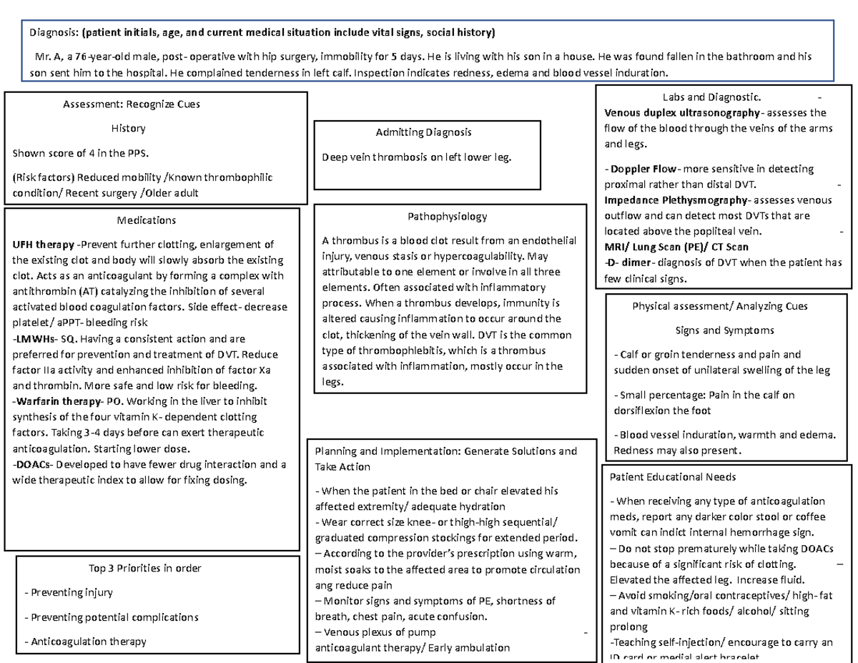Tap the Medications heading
click(x=146, y=220)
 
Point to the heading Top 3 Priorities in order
click(x=144, y=568)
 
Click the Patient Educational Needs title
click(x=672, y=476)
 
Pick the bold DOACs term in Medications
click(x=34, y=464)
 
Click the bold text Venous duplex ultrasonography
click(x=681, y=112)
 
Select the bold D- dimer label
click(x=628, y=262)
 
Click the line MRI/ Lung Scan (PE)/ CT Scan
click(x=676, y=247)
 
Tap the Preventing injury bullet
click(x=68, y=592)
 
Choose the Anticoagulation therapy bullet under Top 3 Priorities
click(x=84, y=642)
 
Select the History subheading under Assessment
click(x=128, y=128)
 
